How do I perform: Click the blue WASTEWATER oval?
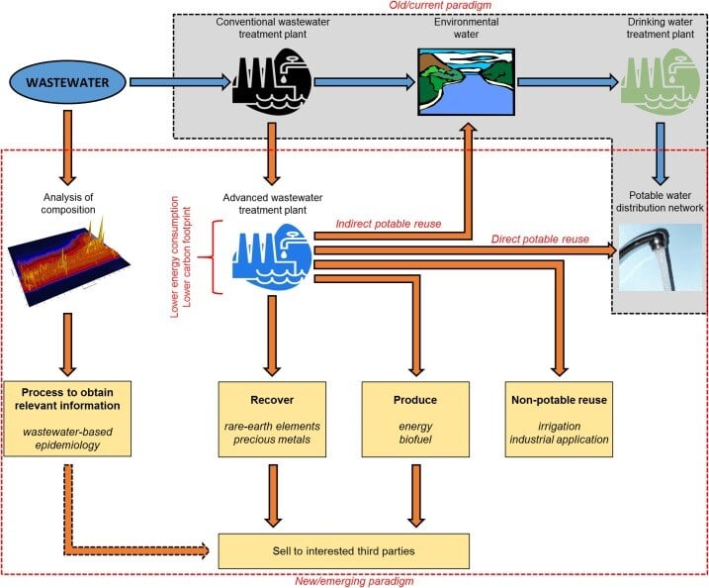(67, 80)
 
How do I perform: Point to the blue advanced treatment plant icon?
(273, 256)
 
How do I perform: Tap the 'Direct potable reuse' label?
(539, 240)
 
